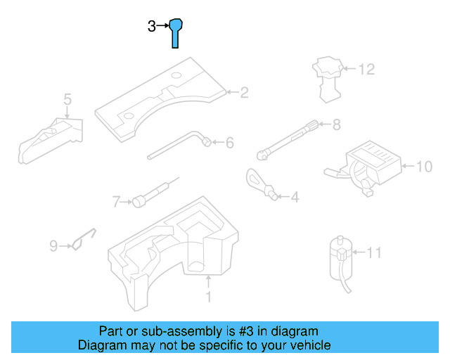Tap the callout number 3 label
(152, 27)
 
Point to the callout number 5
(67, 99)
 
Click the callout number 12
(366, 70)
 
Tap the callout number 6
(229, 143)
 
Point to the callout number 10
(424, 167)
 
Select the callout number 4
(294, 198)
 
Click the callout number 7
(117, 202)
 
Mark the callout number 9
(53, 245)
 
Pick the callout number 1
(208, 297)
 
